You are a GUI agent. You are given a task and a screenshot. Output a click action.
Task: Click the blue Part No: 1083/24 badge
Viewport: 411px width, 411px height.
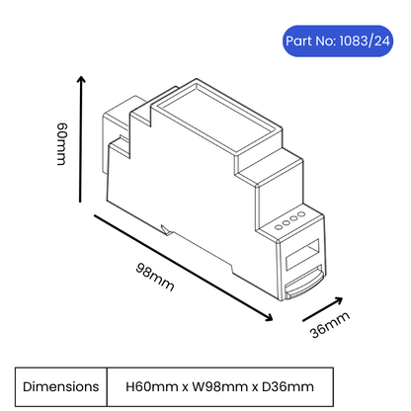coord(338,41)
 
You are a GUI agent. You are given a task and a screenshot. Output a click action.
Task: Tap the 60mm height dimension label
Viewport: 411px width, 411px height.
coord(61,144)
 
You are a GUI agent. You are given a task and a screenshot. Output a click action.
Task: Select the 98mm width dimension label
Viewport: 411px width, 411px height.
coord(155,277)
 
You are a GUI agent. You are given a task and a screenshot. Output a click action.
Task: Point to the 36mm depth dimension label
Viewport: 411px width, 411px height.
coord(330,325)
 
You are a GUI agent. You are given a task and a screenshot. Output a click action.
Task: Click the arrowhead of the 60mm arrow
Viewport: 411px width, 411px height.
coord(81,79)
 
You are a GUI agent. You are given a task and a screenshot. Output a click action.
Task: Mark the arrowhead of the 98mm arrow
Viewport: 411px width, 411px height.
coord(269,317)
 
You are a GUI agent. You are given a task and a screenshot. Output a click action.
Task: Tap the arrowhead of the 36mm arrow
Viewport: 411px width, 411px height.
coord(338,300)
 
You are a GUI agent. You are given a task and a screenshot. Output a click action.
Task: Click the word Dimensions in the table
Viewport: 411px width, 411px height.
coord(61,386)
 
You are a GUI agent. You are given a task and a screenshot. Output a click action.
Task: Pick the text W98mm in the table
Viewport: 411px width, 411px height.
coord(219,386)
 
